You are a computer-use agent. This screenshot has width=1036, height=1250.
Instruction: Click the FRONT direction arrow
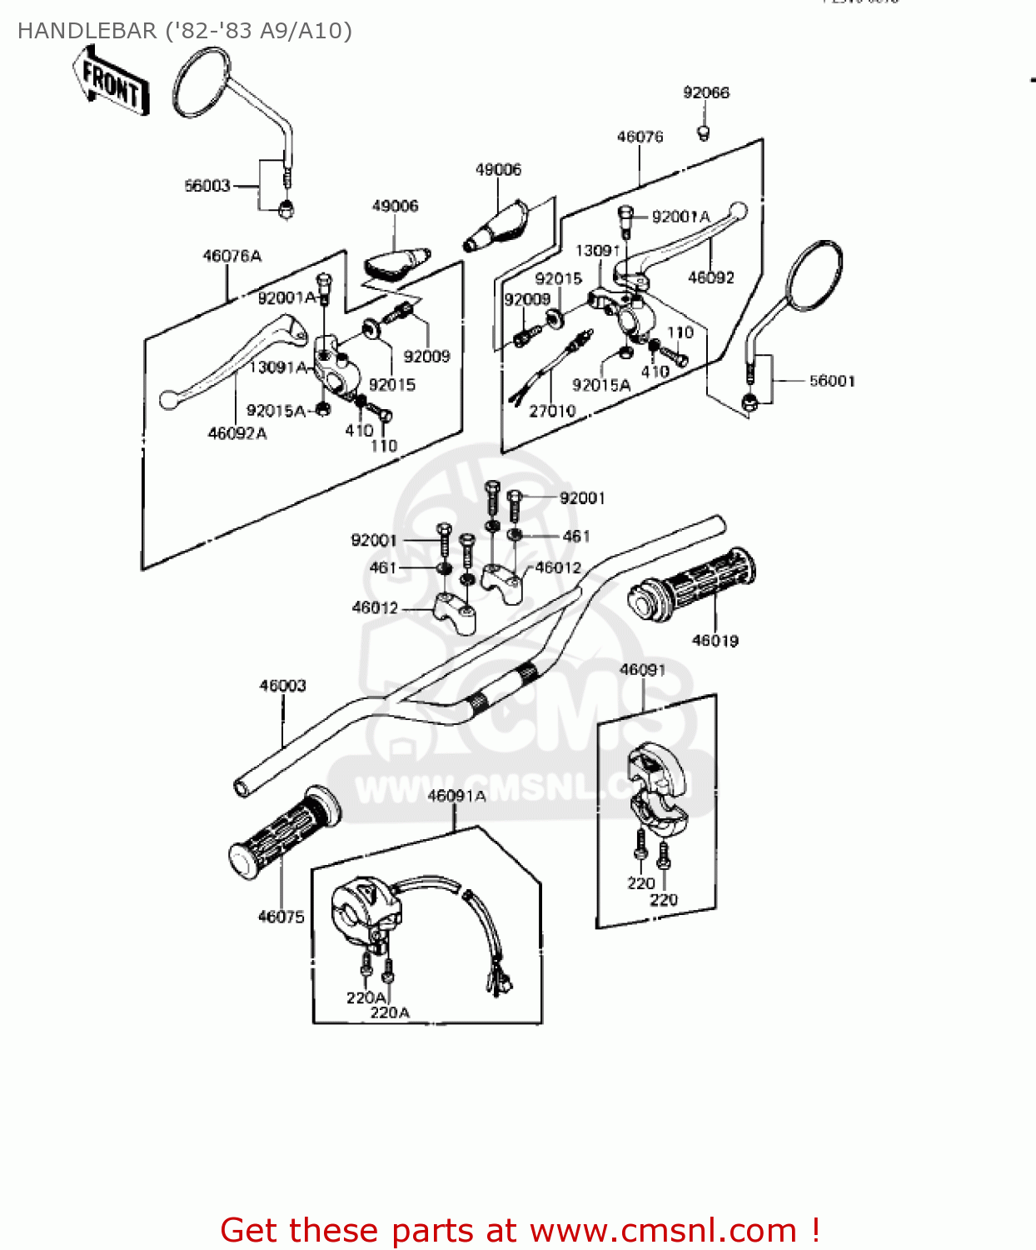[x=111, y=81]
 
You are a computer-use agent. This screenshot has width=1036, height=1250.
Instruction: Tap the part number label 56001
[x=832, y=381]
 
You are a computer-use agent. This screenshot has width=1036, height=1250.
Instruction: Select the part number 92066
[x=705, y=92]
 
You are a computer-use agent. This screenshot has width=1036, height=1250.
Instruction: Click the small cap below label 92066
[x=704, y=132]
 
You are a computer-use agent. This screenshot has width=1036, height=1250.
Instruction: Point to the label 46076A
[x=232, y=256]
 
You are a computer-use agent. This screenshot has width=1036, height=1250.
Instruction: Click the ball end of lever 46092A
[x=168, y=400]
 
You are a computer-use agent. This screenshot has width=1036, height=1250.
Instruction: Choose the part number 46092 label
[x=710, y=277]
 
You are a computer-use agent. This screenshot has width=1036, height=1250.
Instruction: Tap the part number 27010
[x=552, y=411]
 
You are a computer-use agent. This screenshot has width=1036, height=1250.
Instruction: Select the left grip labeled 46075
[x=283, y=833]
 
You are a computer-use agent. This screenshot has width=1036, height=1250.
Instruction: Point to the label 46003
[x=282, y=686]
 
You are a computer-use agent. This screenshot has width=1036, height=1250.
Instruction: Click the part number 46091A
[x=456, y=796]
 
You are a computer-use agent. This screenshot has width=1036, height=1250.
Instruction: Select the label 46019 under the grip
[x=715, y=641]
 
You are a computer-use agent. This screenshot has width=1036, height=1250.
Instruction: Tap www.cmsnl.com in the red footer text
[x=663, y=1231]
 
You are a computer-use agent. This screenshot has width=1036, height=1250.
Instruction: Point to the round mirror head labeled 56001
[x=814, y=276]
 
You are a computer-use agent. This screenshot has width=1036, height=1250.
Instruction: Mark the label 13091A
[x=278, y=367]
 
